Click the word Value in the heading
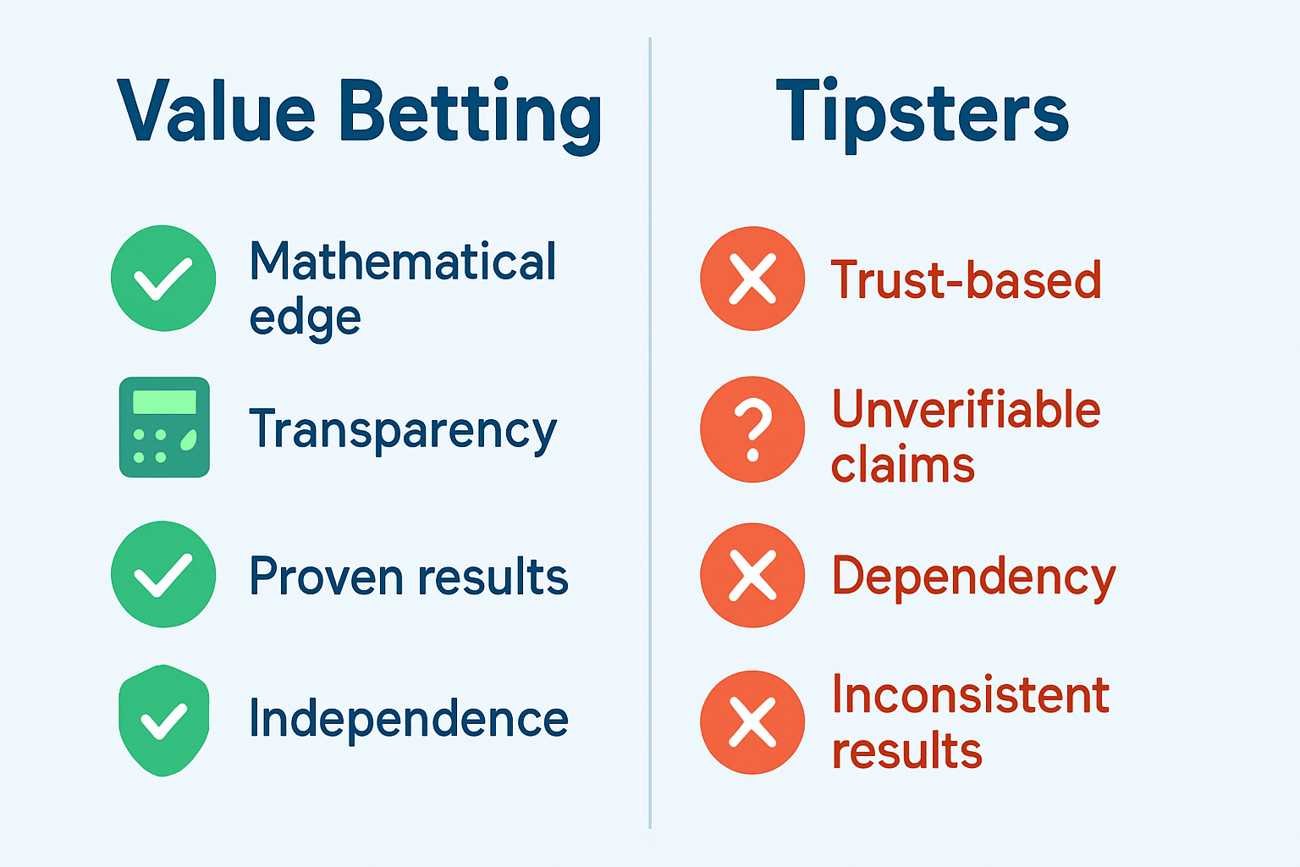click(216, 112)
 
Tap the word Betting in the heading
click(471, 113)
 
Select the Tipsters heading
click(922, 113)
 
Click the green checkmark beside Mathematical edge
click(163, 278)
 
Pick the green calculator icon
click(164, 427)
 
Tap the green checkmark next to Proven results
click(163, 574)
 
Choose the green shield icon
click(163, 720)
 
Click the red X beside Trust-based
click(752, 278)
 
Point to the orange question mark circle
click(752, 429)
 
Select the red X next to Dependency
click(752, 575)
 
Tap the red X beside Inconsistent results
click(752, 722)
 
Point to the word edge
click(305, 318)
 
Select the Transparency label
click(403, 430)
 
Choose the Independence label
click(408, 720)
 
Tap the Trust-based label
click(966, 279)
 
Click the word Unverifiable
click(966, 410)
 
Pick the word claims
click(902, 466)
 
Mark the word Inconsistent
click(970, 695)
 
